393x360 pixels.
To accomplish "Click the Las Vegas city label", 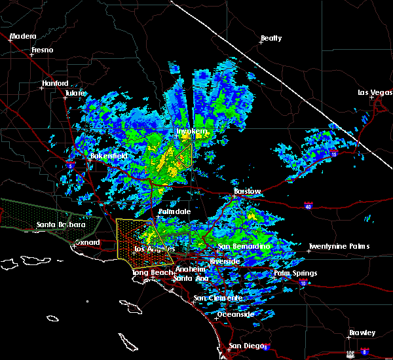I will click(375, 92).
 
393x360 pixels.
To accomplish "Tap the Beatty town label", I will click(271, 39).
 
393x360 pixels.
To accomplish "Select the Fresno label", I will click(43, 50).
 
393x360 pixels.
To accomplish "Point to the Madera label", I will click(23, 36).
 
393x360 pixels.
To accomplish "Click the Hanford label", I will click(55, 83).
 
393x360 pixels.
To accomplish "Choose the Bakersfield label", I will click(109, 156).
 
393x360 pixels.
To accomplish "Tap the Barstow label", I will click(248, 192).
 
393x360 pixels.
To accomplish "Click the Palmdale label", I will click(174, 212).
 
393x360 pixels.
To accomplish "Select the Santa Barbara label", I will click(61, 225).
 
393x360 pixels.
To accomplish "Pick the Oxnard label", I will click(86, 242).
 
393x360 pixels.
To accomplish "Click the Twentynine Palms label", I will click(339, 246).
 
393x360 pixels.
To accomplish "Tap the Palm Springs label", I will click(295, 273).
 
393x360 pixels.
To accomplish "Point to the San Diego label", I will click(243, 346).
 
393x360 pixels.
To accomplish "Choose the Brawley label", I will click(362, 333).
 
